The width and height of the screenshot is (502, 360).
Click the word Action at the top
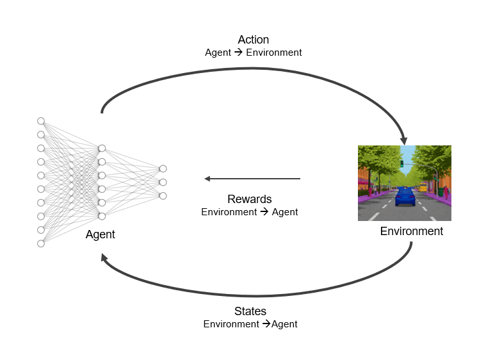tap(254, 40)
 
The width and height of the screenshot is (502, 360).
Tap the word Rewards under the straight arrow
tap(250, 199)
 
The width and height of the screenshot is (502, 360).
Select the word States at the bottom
tap(250, 311)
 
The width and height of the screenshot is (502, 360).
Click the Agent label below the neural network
tap(100, 234)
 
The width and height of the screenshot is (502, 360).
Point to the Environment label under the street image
tap(411, 231)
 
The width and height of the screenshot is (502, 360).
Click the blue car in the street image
tap(405, 197)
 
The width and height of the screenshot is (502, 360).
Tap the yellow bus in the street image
tap(423, 187)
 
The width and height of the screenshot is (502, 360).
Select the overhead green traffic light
tap(402, 164)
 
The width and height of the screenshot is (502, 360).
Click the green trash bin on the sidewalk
tap(441, 192)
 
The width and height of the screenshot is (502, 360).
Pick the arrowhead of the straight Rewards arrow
tap(207, 179)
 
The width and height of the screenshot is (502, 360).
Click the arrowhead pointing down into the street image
tap(404, 141)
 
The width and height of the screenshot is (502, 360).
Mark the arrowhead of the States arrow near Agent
tap(104, 258)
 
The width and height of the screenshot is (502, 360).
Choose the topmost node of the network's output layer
tap(163, 169)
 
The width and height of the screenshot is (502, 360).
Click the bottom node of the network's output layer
tap(163, 196)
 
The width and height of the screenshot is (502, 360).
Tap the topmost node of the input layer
tap(41, 121)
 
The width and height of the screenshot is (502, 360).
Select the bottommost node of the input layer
tap(41, 243)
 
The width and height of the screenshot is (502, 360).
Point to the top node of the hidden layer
tap(102, 149)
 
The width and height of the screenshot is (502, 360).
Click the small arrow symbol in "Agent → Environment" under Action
tap(238, 52)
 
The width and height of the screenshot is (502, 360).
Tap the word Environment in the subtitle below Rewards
tap(229, 212)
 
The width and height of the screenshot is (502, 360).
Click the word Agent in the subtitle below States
tap(284, 324)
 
